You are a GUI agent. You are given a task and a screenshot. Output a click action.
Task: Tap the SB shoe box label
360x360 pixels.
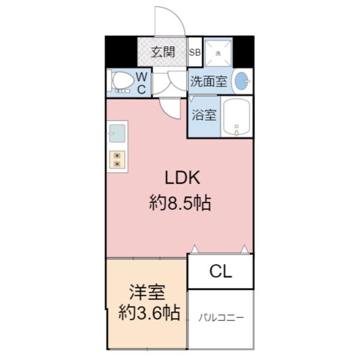pyautogui.click(x=195, y=52)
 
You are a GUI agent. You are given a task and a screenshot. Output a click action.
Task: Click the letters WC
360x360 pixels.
pyautogui.click(x=142, y=83)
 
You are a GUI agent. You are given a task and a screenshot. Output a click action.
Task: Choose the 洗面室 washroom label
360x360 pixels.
pyautogui.click(x=209, y=82)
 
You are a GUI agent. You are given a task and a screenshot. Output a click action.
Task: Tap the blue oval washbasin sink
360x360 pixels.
pyautogui.click(x=242, y=82)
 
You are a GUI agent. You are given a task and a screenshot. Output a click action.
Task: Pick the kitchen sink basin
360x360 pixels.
pyautogui.click(x=117, y=132)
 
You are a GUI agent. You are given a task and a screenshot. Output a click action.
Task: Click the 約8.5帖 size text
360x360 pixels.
pyautogui.click(x=180, y=203)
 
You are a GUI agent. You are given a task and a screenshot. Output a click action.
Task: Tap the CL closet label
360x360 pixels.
pyautogui.click(x=220, y=272)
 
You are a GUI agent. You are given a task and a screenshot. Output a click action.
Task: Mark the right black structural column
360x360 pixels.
pyautogui.click(x=243, y=52)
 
